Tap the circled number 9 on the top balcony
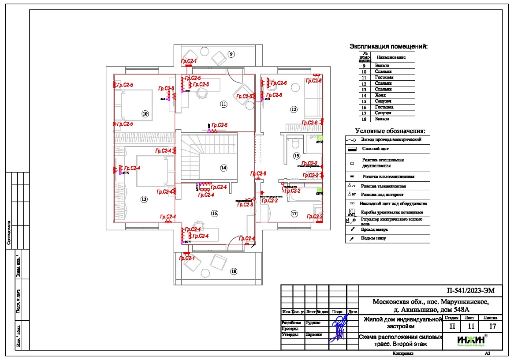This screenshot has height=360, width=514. click(231, 54)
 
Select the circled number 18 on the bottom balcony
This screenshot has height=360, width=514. click(234, 272)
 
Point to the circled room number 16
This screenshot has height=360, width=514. click(215, 214)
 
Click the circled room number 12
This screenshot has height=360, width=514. click(294, 109)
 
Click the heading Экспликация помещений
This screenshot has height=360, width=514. click(389, 46)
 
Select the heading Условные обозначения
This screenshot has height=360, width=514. click(390, 131)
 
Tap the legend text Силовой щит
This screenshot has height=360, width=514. click(375, 149)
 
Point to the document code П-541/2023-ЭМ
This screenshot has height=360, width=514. click(472, 291)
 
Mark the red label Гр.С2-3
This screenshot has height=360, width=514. click(245, 205)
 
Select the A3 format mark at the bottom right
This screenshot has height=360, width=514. click(488, 353)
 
